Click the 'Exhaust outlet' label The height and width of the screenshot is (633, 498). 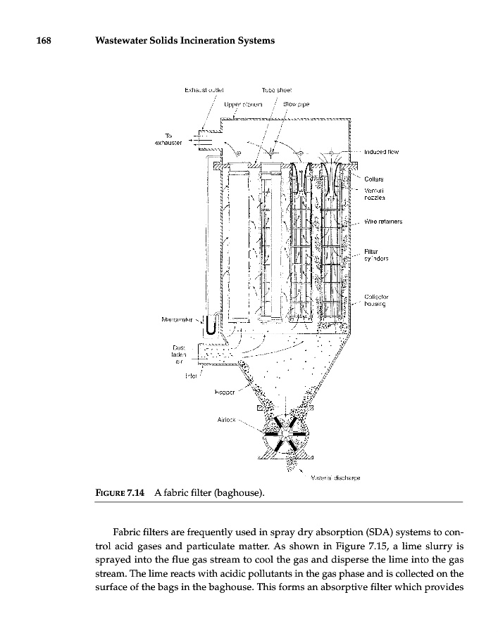[204, 91]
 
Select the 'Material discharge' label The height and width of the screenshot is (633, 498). [325, 478]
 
